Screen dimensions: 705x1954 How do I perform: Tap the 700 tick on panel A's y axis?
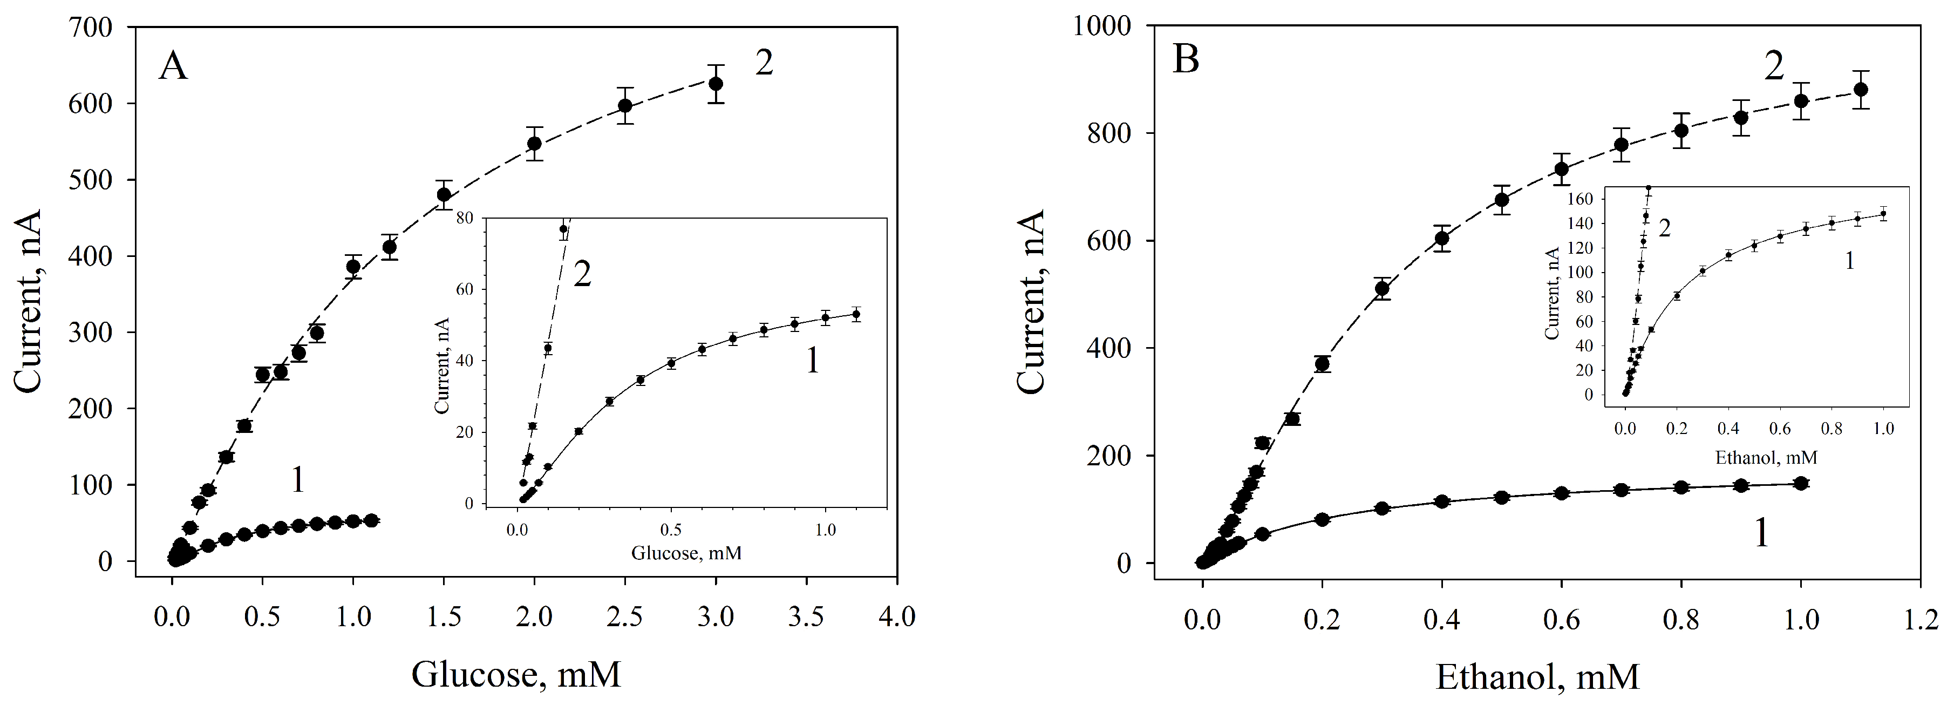pyautogui.click(x=93, y=28)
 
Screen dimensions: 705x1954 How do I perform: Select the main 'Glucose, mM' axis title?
pyautogui.click(x=516, y=674)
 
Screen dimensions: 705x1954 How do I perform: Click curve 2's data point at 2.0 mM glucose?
pyautogui.click(x=534, y=143)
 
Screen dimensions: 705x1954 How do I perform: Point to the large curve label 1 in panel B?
pyautogui.click(x=1761, y=533)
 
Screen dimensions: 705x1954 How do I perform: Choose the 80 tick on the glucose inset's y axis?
pyautogui.click(x=464, y=218)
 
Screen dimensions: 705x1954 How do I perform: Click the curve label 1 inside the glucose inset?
pyautogui.click(x=811, y=361)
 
